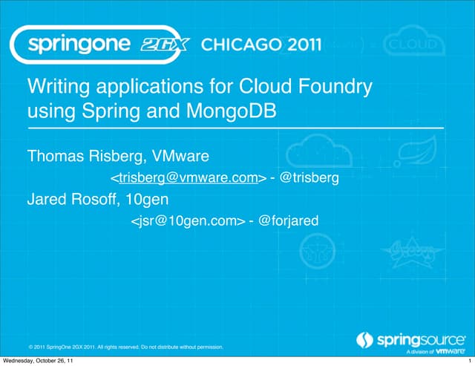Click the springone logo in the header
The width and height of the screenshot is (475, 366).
(82, 45)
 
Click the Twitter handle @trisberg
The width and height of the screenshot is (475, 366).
(309, 178)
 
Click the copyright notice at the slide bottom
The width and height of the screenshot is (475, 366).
(125, 346)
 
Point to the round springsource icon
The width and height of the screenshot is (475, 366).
(364, 340)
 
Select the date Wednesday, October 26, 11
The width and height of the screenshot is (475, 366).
(38, 361)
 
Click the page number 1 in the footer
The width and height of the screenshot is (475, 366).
(471, 361)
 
